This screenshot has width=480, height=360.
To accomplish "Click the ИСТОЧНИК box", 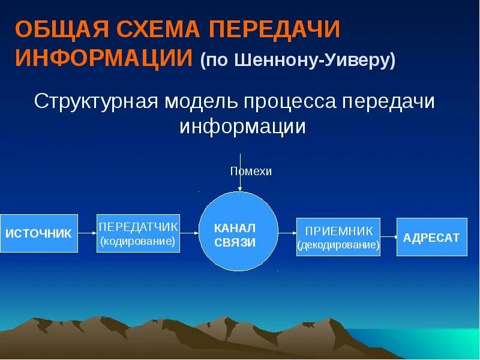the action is (38, 233).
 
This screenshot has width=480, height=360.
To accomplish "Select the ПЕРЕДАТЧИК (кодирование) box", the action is (139, 233).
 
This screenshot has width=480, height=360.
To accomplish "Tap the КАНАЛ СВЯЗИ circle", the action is (238, 232).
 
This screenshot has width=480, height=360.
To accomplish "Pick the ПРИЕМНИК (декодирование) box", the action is (338, 237).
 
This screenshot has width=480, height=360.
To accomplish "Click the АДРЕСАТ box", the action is (431, 237).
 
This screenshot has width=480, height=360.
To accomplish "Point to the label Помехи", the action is (251, 172).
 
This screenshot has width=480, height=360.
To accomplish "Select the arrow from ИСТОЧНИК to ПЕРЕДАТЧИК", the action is (87, 232).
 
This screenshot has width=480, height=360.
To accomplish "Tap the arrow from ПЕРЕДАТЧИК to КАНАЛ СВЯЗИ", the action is (190, 232).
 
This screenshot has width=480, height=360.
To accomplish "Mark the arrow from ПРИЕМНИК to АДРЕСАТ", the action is (389, 237).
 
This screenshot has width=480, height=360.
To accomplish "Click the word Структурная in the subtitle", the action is (92, 101).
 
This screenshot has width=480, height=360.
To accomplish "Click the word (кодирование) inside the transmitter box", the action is (138, 241).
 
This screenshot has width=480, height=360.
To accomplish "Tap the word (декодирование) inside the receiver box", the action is (338, 245).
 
